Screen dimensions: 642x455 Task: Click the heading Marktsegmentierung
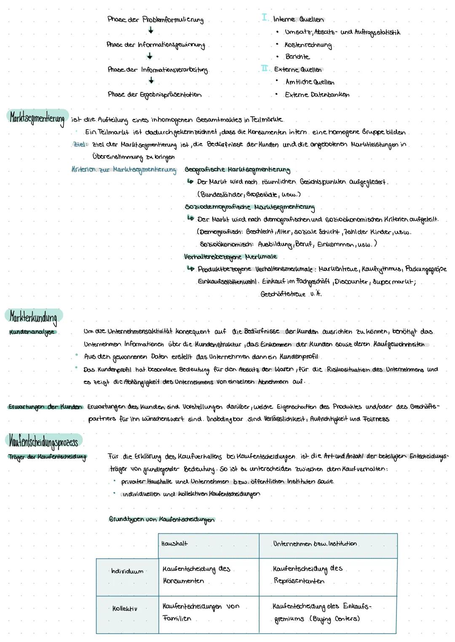tap(37, 117)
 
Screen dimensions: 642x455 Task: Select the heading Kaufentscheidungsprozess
tap(44, 441)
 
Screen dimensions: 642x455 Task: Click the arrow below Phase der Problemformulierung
tap(150, 31)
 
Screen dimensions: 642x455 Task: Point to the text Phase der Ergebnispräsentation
tap(154, 95)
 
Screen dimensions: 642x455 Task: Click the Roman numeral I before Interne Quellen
tap(265, 18)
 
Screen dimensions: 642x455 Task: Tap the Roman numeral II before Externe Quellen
tap(265, 69)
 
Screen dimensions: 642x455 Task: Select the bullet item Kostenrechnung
tap(308, 45)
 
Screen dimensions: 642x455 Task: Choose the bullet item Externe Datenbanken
tap(317, 95)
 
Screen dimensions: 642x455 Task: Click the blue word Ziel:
tap(80, 144)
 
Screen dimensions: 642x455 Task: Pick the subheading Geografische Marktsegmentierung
tap(237, 170)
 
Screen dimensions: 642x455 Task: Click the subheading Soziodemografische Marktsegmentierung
tap(249, 207)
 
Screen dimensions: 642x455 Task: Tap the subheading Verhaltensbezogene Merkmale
tap(230, 256)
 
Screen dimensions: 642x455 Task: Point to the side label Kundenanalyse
tap(32, 332)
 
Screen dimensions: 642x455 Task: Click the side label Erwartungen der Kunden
tap(45, 407)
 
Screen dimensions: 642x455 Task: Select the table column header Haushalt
tap(174, 543)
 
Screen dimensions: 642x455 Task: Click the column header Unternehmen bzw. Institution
tap(315, 543)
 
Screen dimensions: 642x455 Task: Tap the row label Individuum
tap(127, 571)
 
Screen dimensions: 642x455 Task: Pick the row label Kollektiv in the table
tap(124, 608)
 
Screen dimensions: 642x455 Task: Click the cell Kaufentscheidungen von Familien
tap(201, 612)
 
